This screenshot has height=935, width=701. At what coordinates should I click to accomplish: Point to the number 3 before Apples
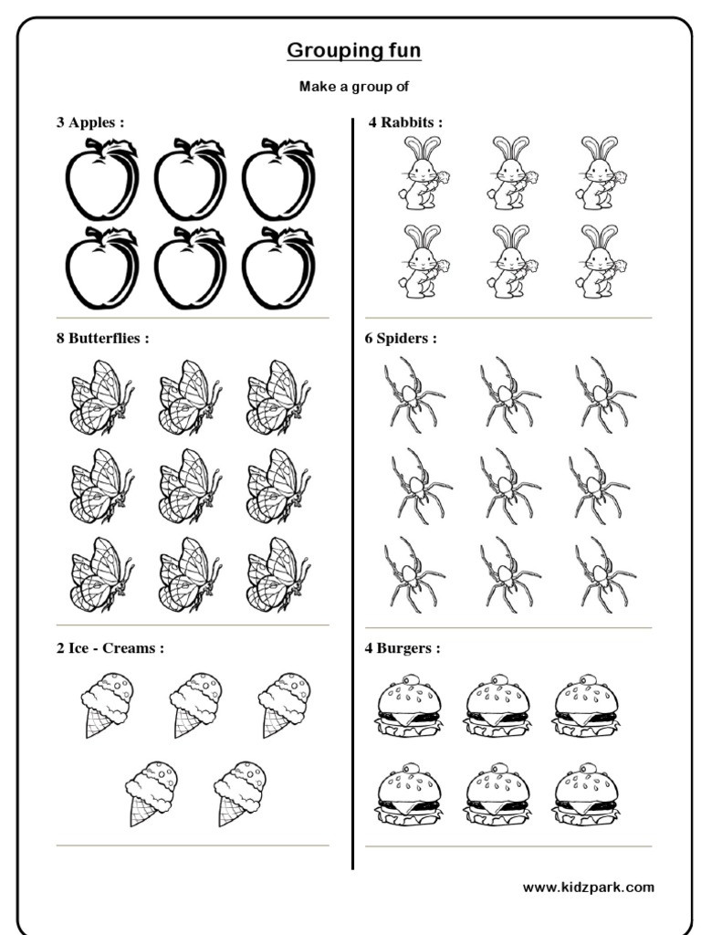coord(60,122)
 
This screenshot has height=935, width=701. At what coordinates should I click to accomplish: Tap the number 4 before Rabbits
coord(372,122)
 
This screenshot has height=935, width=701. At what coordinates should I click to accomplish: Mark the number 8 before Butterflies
coord(60,339)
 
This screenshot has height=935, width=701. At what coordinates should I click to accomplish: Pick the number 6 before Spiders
coord(370,339)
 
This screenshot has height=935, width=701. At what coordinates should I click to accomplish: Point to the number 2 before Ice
coord(60,649)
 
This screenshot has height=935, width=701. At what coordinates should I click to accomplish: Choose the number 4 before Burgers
coord(370,649)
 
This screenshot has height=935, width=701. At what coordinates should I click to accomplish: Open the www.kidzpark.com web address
coord(588,887)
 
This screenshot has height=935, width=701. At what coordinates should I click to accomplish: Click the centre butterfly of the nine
coord(191,485)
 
